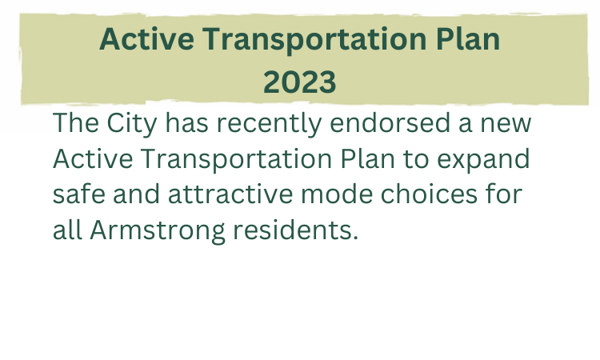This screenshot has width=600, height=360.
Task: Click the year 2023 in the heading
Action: point(300,82)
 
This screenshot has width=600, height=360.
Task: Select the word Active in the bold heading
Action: point(146,39)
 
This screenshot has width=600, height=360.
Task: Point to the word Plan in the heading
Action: point(468,39)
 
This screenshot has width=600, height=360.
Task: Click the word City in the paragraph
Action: point(132,124)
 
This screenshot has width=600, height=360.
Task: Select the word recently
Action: point(269,124)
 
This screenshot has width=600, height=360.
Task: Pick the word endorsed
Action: point(390,123)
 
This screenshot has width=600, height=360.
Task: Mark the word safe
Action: point(79,194)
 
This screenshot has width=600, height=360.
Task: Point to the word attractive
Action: point(230,194)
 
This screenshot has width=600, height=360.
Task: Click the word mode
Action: point(337,194)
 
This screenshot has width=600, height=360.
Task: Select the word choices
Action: point(429,194)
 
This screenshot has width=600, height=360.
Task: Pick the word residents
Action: point(292,230)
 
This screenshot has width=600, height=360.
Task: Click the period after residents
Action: point(355,238)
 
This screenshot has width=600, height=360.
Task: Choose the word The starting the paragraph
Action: point(75,123)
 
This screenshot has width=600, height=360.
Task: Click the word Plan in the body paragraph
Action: point(367,158)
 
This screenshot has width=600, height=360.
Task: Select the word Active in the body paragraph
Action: point(93,158)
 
